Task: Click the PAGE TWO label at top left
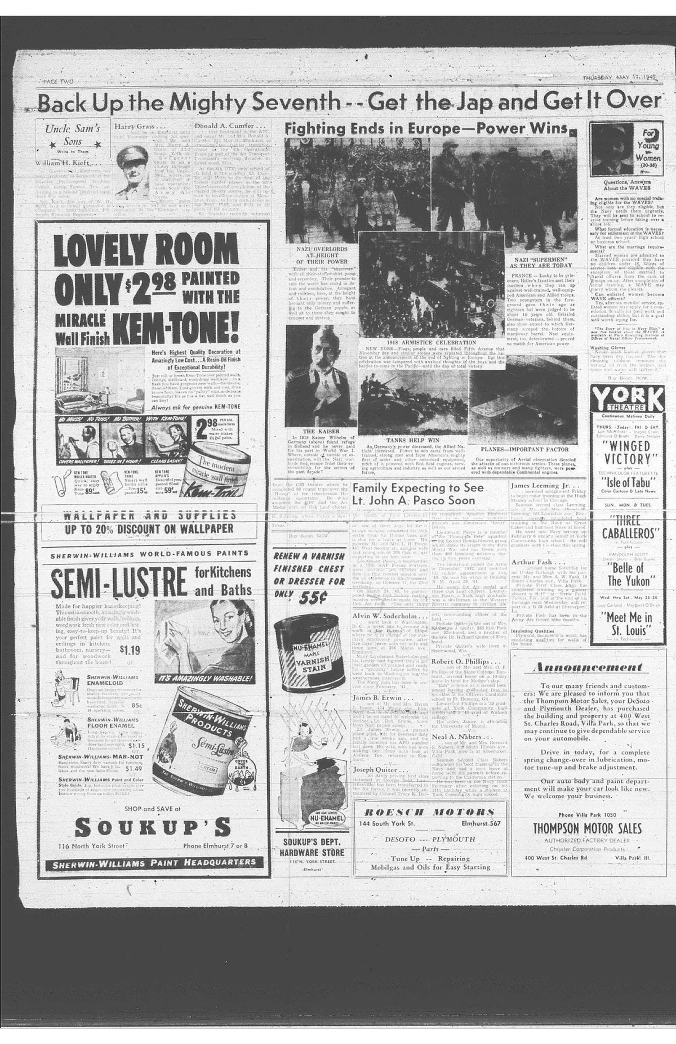59,82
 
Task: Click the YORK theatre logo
628,401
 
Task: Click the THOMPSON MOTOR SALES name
587,828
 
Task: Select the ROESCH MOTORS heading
429,812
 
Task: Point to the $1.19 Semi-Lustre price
130,650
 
